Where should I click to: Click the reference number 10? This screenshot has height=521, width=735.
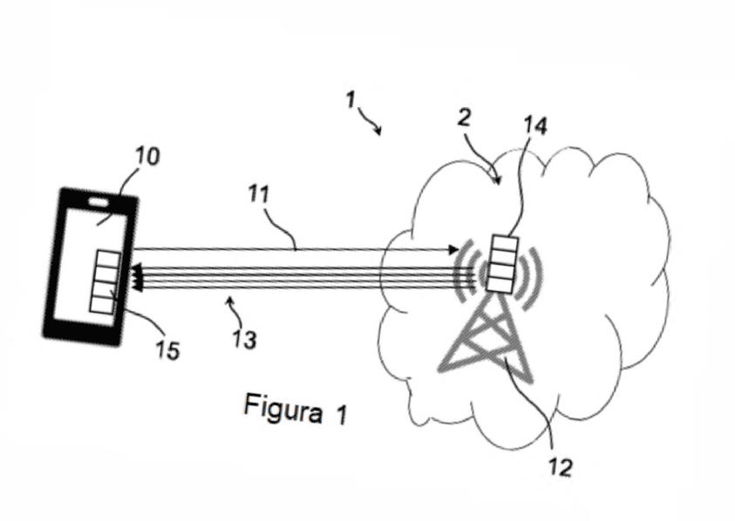[147, 156]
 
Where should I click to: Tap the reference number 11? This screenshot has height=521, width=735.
[259, 194]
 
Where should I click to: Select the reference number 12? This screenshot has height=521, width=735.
[560, 467]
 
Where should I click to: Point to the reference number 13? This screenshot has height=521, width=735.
[245, 340]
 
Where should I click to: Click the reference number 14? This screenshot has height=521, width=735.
[534, 125]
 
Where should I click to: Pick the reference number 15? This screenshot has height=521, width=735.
[168, 350]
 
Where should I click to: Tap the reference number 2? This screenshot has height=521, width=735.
[464, 118]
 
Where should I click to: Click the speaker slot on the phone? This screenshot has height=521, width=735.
[99, 202]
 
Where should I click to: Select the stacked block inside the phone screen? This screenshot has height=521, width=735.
[105, 281]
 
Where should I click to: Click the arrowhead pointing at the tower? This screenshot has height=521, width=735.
[453, 249]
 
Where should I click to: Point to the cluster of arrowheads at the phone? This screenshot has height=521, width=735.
[137, 277]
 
